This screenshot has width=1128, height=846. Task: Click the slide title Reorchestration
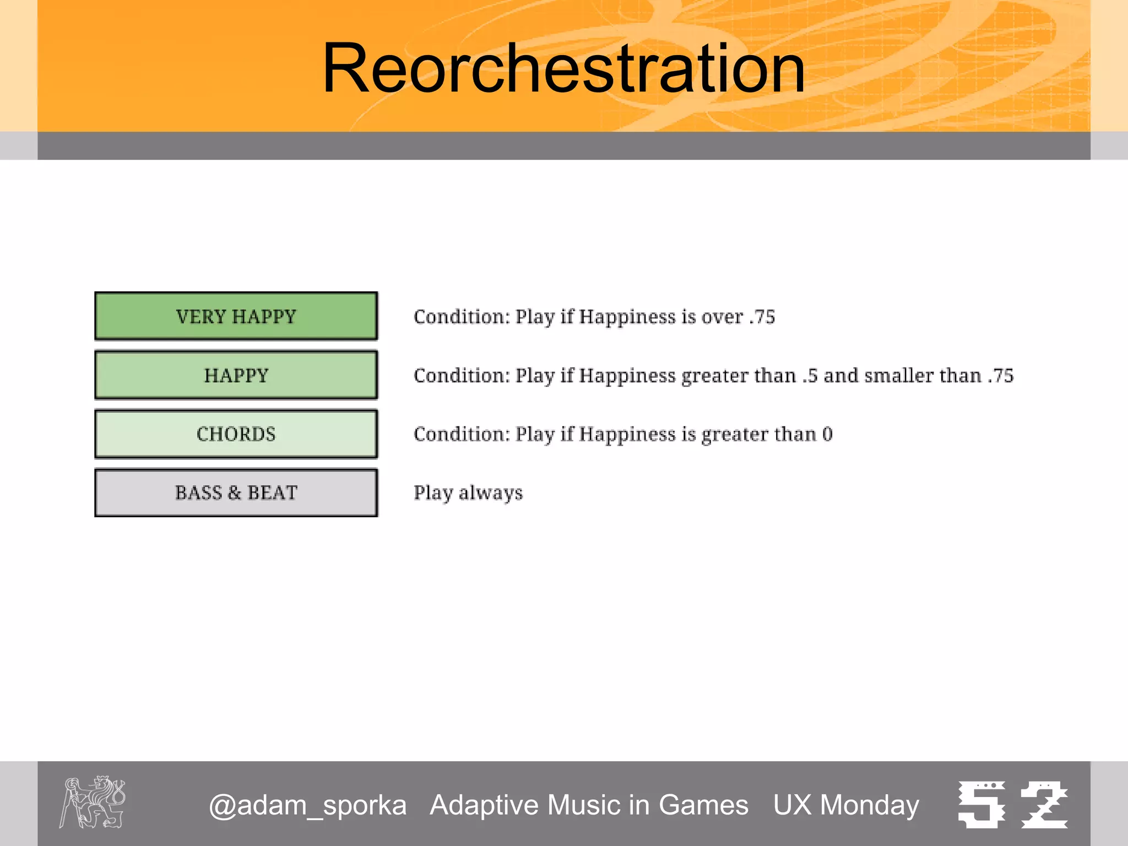tap(563, 68)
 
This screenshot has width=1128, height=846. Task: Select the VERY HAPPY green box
tap(236, 316)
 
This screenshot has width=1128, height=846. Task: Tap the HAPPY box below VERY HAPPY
tap(236, 375)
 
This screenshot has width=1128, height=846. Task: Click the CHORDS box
tap(236, 434)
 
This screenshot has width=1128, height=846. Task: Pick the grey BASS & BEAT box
tap(236, 492)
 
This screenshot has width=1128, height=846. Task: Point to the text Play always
tap(468, 492)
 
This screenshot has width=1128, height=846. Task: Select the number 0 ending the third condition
tap(827, 435)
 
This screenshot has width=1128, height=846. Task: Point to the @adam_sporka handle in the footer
tap(307, 805)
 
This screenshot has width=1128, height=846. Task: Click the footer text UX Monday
tap(846, 805)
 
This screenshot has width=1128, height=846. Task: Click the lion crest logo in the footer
tap(93, 802)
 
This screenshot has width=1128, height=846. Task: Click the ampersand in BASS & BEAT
tap(235, 493)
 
